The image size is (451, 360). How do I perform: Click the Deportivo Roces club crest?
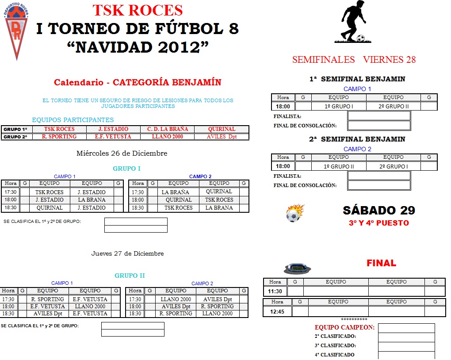(x=16, y=31)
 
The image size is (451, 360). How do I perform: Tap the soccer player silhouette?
(x=353, y=22)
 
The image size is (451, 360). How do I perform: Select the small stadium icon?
(x=298, y=268)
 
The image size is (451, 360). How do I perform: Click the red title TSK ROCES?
(x=138, y=10)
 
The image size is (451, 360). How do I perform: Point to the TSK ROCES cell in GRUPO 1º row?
(x=59, y=129)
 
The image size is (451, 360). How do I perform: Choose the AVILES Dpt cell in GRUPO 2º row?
(x=222, y=137)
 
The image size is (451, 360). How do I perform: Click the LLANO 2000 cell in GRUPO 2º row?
(x=167, y=137)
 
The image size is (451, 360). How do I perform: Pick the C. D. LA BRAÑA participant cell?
(x=167, y=129)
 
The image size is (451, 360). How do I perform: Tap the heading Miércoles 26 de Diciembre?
(x=122, y=153)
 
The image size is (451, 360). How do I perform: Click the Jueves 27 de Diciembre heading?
(x=127, y=253)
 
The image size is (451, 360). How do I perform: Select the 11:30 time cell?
(x=275, y=291)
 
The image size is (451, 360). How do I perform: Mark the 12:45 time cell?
(x=277, y=311)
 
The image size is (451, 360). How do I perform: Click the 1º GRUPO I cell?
(x=339, y=106)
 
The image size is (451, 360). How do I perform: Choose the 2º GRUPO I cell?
(x=393, y=166)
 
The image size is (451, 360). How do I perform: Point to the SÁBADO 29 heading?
(x=379, y=210)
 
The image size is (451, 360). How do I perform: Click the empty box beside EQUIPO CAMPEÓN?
(x=406, y=328)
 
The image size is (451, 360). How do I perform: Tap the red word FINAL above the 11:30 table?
(x=381, y=263)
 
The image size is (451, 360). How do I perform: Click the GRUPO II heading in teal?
(x=130, y=276)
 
